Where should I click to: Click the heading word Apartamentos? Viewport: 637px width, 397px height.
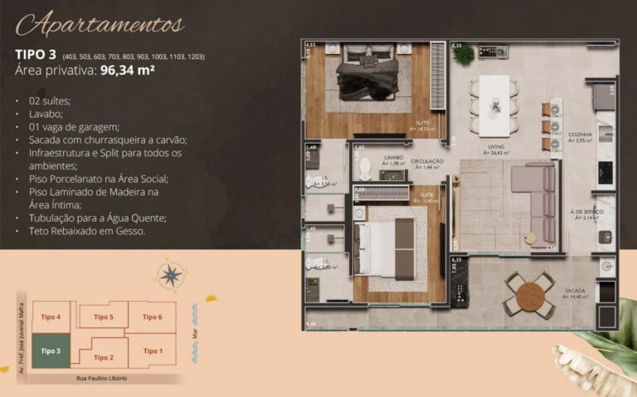(100, 24)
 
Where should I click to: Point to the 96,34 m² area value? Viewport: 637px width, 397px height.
(128, 71)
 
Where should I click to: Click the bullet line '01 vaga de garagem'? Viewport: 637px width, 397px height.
(71, 127)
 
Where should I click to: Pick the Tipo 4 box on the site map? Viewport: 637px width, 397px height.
(51, 317)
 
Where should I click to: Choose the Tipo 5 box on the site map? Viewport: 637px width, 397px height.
(103, 317)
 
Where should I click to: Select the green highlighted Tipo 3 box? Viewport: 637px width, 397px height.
(51, 351)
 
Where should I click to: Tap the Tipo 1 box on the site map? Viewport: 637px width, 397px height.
(153, 350)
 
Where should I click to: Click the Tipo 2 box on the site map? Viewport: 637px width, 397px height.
(103, 357)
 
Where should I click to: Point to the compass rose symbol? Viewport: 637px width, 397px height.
(172, 274)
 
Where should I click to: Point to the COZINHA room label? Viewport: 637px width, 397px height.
(580, 134)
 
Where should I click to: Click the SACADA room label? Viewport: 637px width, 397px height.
(575, 290)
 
